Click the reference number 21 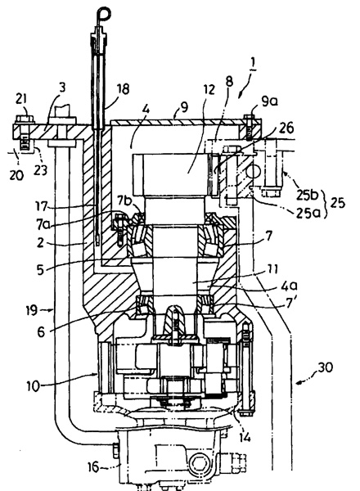click(21, 100)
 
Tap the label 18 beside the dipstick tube click(123, 89)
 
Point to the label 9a click(270, 101)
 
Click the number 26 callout click(286, 128)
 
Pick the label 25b click(307, 195)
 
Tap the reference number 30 click(326, 367)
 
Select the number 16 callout click(93, 467)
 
